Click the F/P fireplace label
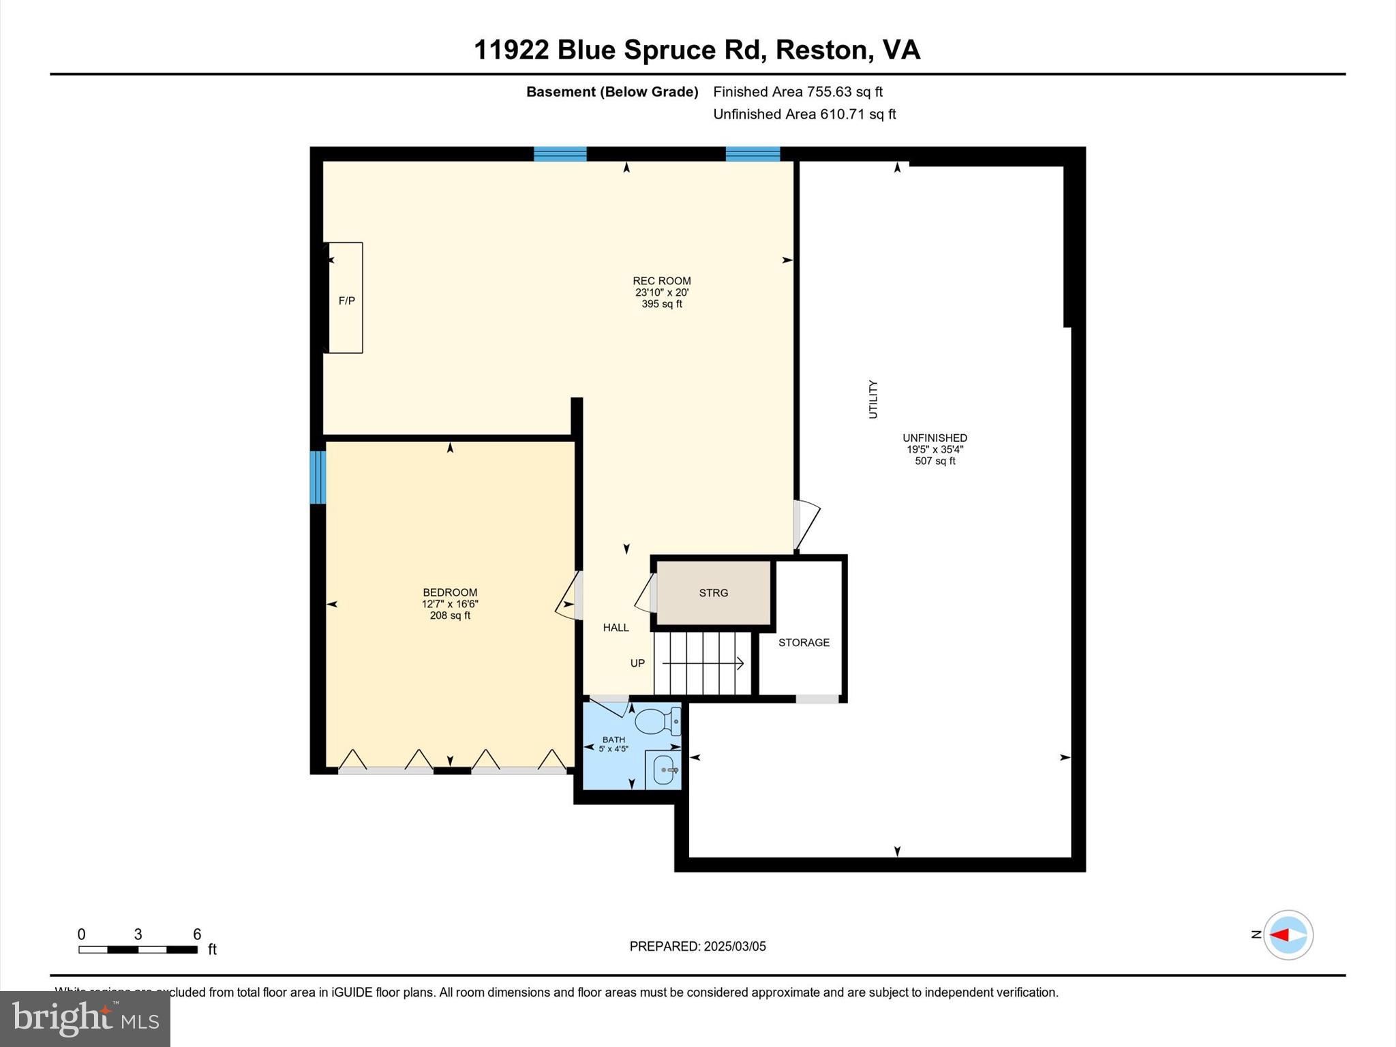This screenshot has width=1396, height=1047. [346, 301]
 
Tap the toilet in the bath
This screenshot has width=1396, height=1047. [657, 720]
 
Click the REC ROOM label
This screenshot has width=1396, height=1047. [661, 281]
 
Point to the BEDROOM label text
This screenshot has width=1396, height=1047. [450, 592]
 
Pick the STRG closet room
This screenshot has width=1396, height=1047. [713, 593]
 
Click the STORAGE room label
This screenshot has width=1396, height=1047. [804, 643]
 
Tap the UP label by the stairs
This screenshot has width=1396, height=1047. [637, 663]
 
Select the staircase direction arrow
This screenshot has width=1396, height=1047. [703, 663]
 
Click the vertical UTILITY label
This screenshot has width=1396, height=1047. [873, 399]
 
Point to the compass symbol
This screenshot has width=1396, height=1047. [1288, 935]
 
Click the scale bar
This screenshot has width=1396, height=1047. [138, 949]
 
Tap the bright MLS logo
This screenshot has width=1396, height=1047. [85, 1018]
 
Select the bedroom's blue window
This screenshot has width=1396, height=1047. [318, 476]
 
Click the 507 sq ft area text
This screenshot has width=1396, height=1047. [935, 461]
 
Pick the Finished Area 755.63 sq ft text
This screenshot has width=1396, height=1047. [798, 92]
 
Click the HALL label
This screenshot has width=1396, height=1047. [616, 628]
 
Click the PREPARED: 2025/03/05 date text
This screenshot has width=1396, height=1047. [697, 946]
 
